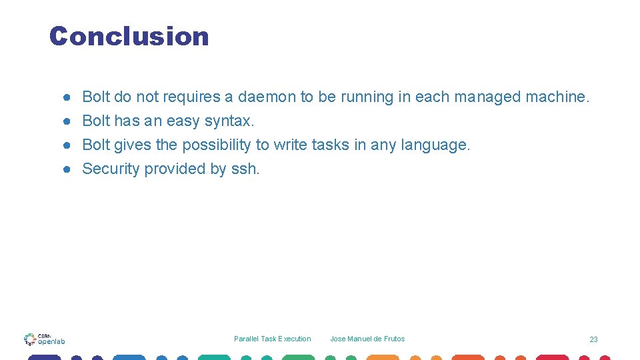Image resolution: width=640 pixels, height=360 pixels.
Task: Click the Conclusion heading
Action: [129, 36]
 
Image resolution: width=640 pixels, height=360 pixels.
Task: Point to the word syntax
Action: [229, 121]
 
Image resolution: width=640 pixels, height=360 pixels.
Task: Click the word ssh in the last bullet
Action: [245, 169]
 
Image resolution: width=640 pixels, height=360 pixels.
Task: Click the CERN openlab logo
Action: [44, 339]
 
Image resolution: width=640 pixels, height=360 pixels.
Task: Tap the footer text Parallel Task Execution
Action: [272, 339]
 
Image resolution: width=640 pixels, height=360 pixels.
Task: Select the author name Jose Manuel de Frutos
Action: [367, 339]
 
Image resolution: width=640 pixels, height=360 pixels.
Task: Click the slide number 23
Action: [593, 340]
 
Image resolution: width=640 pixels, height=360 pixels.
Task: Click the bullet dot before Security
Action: [67, 169]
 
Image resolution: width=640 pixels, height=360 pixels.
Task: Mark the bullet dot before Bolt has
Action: [67, 121]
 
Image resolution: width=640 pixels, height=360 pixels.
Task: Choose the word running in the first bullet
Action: [367, 97]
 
